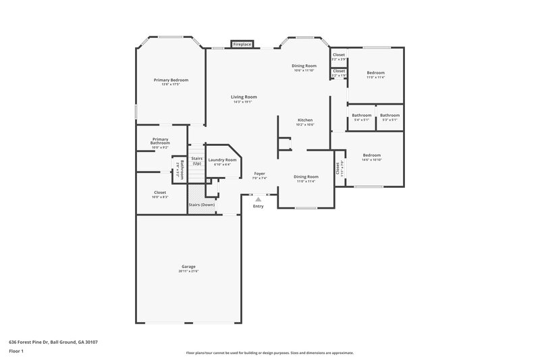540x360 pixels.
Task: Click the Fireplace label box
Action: click(242, 44)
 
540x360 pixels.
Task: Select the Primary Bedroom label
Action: click(170, 80)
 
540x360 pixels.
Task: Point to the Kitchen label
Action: click(305, 120)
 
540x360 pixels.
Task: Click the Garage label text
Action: click(188, 267)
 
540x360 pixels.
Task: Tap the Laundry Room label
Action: click(222, 160)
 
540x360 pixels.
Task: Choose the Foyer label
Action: click(259, 174)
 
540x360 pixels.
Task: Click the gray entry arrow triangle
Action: click(258, 199)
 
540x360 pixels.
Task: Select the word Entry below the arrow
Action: click(258, 206)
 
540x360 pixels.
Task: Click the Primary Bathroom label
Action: click(160, 141)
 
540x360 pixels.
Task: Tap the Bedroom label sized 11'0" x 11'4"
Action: click(375, 73)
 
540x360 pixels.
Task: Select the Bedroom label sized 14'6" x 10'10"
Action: click(371, 155)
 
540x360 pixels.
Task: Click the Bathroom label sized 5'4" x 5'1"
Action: click(361, 115)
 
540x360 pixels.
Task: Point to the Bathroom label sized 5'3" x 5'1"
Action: click(389, 115)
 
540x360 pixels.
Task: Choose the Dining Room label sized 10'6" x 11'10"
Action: click(304, 66)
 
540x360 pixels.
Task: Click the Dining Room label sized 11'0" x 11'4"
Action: click(306, 177)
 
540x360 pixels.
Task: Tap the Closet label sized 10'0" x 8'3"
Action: click(160, 192)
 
